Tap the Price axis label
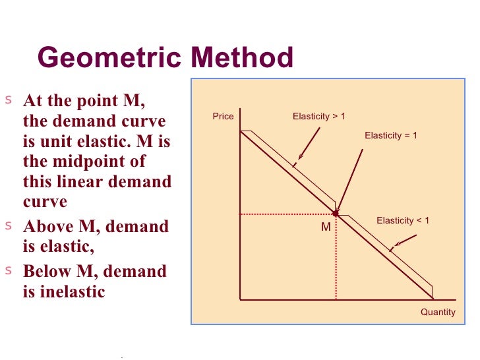click(223, 117)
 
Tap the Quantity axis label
click(438, 312)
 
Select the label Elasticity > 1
click(318, 117)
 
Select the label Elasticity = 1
click(391, 135)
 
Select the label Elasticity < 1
click(402, 221)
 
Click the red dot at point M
click(336, 214)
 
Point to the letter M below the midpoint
click(326, 227)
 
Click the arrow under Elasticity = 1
click(350, 180)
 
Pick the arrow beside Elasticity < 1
click(403, 242)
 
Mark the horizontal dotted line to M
click(287, 214)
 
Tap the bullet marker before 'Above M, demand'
click(9, 225)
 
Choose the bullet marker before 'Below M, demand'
click(9, 270)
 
